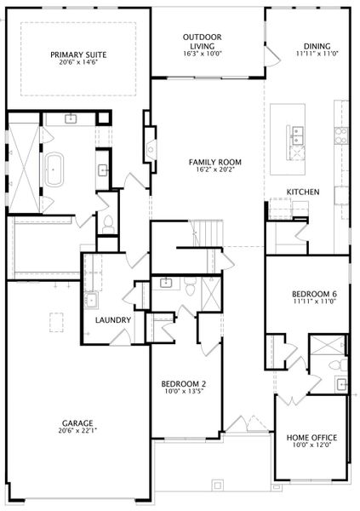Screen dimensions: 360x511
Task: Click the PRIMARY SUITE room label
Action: click(x=78, y=55)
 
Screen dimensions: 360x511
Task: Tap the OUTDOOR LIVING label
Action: click(x=202, y=42)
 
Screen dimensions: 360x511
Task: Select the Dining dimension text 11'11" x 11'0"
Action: click(x=317, y=54)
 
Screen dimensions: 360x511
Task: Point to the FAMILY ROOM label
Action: click(x=215, y=162)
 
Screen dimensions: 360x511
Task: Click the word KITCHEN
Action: click(x=303, y=192)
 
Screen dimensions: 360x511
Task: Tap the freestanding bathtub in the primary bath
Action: click(x=54, y=169)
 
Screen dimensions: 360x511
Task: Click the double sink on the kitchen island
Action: click(x=298, y=135)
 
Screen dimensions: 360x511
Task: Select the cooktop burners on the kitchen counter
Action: click(x=340, y=135)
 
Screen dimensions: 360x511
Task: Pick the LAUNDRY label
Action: click(x=113, y=320)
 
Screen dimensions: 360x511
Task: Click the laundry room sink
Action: click(x=91, y=300)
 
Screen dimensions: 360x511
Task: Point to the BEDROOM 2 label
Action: click(x=184, y=384)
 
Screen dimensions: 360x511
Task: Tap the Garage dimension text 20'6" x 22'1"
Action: click(x=77, y=430)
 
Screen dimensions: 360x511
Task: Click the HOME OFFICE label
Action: click(x=311, y=438)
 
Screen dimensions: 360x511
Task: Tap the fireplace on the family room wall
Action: click(x=151, y=150)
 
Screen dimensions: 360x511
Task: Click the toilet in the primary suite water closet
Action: click(x=108, y=225)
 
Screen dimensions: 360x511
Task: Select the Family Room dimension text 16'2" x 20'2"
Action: click(x=215, y=169)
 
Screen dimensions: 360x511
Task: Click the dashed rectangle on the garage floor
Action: click(x=56, y=322)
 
